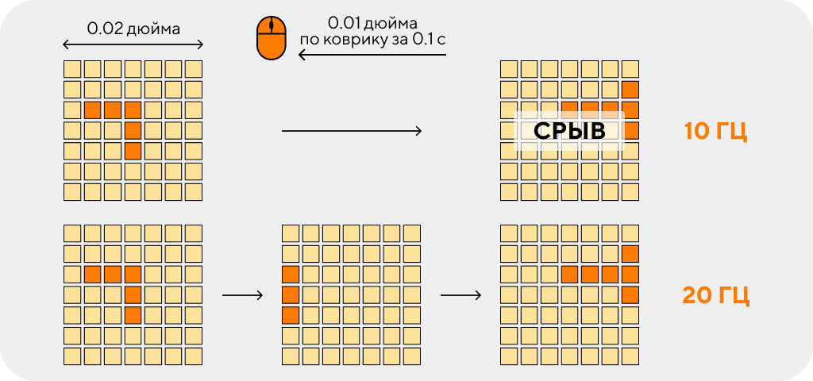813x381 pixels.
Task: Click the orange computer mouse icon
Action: (272, 37)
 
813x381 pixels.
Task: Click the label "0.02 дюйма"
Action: (133, 29)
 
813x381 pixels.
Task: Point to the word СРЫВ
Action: (569, 131)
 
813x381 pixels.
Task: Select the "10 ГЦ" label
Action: (715, 131)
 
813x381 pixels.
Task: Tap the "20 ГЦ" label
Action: (715, 295)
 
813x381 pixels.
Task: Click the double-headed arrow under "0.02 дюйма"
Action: (133, 45)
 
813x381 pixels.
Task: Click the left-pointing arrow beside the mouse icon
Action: (372, 54)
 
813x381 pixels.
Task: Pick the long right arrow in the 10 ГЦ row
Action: (352, 131)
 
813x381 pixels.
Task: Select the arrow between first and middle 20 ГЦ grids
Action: (243, 295)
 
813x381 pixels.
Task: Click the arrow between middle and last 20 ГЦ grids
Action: (461, 295)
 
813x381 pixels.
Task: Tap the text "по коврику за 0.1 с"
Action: (373, 40)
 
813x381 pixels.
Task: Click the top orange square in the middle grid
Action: (291, 274)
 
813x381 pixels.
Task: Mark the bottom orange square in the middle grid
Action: (291, 314)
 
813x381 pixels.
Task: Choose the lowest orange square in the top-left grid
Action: (133, 151)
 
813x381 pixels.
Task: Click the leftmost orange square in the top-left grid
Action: (92, 110)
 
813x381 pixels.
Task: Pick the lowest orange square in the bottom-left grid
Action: (133, 314)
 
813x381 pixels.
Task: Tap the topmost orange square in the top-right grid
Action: (630, 90)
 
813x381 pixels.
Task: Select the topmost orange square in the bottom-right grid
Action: (630, 254)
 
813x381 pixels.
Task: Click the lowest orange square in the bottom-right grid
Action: (630, 294)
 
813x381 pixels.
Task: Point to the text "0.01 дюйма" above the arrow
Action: (373, 24)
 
